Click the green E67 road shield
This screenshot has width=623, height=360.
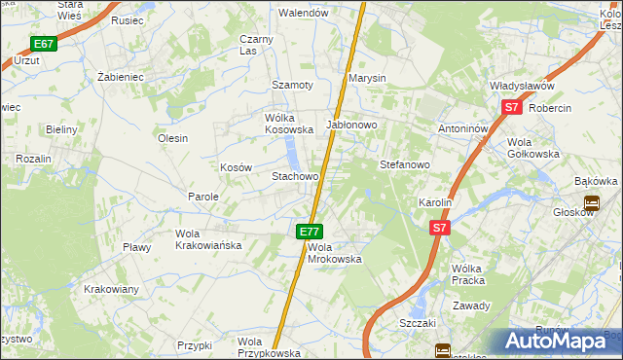[x=43, y=44]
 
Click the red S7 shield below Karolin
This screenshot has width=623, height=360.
[x=440, y=228]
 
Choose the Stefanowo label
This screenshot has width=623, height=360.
[x=404, y=164]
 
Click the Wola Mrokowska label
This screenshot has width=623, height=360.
[x=335, y=253]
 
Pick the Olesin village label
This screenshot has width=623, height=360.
[x=172, y=138]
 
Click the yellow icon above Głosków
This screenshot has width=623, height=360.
[x=591, y=203]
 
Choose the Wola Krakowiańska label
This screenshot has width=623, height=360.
[x=207, y=239]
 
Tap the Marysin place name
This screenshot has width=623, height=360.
[x=368, y=78]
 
